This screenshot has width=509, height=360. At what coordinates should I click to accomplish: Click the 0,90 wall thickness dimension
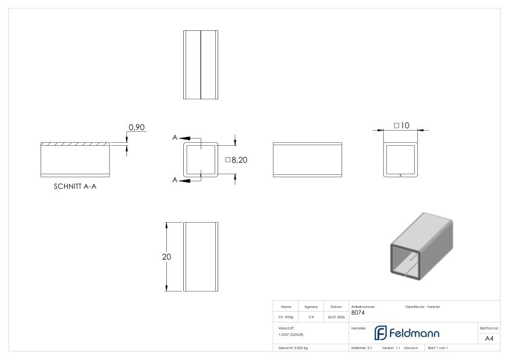(137, 128)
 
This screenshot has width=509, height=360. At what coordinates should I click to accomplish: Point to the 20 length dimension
(166, 257)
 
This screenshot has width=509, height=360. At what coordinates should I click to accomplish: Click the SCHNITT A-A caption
(75, 187)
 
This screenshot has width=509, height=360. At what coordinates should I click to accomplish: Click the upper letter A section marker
(175, 138)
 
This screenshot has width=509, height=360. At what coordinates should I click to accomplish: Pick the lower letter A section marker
(175, 180)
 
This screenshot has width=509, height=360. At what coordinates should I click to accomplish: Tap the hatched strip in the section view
(75, 144)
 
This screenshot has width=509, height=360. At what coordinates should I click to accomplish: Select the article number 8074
(358, 313)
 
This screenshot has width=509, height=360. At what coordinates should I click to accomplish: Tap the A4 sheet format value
(489, 338)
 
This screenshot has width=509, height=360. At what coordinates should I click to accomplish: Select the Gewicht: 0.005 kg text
(293, 348)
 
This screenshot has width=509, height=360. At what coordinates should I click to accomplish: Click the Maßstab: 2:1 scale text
(361, 348)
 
